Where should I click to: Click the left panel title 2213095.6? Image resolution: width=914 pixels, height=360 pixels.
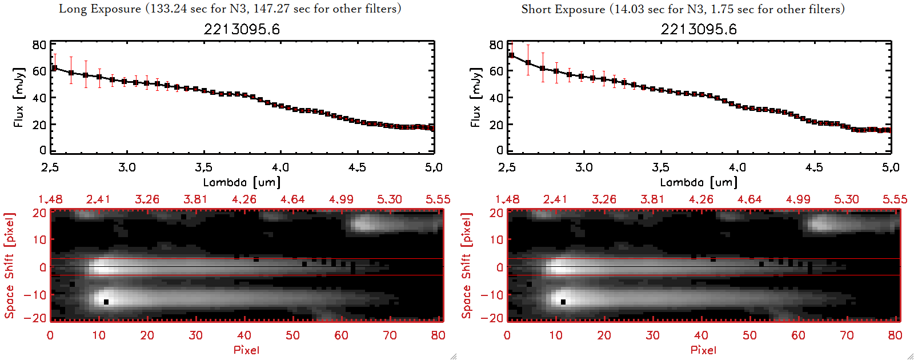point(242,29)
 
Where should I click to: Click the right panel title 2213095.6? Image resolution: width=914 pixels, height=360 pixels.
point(699,29)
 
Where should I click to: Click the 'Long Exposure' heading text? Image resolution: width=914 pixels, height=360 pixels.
point(100,9)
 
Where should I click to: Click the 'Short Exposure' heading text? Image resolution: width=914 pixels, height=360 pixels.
point(563,9)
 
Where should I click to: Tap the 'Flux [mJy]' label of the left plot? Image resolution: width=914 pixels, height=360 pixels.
point(19,98)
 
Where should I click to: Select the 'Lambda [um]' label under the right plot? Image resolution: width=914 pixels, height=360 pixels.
point(699,182)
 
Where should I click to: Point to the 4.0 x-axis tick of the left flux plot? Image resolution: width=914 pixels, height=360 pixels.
point(280,167)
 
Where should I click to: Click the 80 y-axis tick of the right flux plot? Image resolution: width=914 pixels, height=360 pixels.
point(496,45)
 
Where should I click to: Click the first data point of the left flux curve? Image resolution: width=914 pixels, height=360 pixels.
point(54,68)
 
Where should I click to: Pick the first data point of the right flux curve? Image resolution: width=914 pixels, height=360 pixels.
point(511,55)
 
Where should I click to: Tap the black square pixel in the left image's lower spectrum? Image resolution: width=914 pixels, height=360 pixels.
point(106,302)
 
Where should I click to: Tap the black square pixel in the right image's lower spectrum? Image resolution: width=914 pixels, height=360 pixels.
point(563,302)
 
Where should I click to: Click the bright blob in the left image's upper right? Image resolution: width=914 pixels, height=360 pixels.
point(366,223)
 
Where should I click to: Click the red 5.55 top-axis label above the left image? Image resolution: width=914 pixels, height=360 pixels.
point(438,199)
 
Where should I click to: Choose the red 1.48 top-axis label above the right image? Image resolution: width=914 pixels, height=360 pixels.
point(507,199)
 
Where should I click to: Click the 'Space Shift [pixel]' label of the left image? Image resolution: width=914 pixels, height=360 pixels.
point(9,266)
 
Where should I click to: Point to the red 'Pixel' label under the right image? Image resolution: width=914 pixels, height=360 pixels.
point(703,350)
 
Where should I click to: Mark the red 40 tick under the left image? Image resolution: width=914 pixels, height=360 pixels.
point(244,335)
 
